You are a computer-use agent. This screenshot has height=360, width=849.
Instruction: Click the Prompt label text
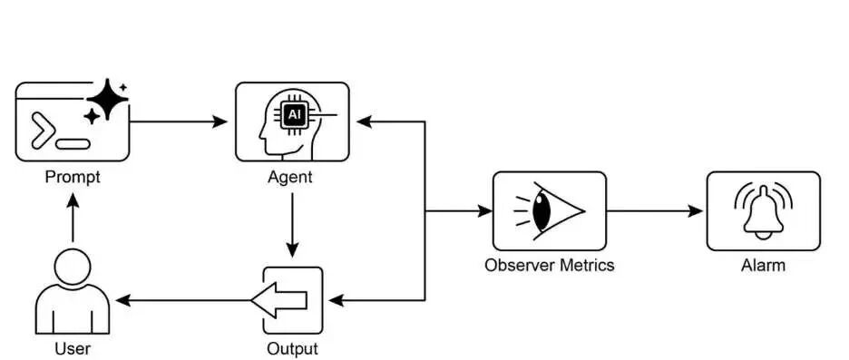pyautogui.click(x=73, y=178)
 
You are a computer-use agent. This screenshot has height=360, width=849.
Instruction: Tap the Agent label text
pyautogui.click(x=290, y=178)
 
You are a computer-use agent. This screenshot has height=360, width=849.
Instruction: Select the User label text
pyautogui.click(x=73, y=348)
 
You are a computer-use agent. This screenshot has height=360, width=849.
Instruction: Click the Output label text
pyautogui.click(x=292, y=348)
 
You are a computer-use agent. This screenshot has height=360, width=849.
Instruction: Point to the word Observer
pyautogui.click(x=522, y=266)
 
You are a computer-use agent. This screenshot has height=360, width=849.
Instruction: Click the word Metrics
pyautogui.click(x=589, y=266)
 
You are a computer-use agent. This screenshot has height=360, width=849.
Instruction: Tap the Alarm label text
pyautogui.click(x=763, y=266)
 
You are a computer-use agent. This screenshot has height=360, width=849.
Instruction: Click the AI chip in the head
pyautogui.click(x=294, y=115)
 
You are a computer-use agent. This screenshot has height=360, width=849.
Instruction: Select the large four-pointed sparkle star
pyautogui.click(x=108, y=99)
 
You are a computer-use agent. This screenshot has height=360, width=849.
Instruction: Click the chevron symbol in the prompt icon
pyautogui.click(x=43, y=131)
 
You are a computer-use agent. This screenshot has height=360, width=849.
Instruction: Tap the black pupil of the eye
pyautogui.click(x=541, y=211)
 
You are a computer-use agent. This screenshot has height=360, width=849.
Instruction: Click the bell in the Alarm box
pyautogui.click(x=764, y=212)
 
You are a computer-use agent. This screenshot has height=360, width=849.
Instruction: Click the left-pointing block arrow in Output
pyautogui.click(x=278, y=300)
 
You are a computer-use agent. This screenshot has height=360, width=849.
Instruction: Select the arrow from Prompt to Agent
pyautogui.click(x=178, y=122)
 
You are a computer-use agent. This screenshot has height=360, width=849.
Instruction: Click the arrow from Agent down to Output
pyautogui.click(x=292, y=225)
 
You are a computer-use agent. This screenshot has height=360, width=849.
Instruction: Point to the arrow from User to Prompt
pyautogui.click(x=73, y=218)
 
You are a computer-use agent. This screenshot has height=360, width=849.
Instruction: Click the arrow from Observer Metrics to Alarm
pyautogui.click(x=654, y=211)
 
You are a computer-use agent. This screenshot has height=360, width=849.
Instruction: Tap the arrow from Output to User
pyautogui.click(x=183, y=300)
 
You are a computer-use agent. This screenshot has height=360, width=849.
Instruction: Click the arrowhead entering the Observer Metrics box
pyautogui.click(x=485, y=211)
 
